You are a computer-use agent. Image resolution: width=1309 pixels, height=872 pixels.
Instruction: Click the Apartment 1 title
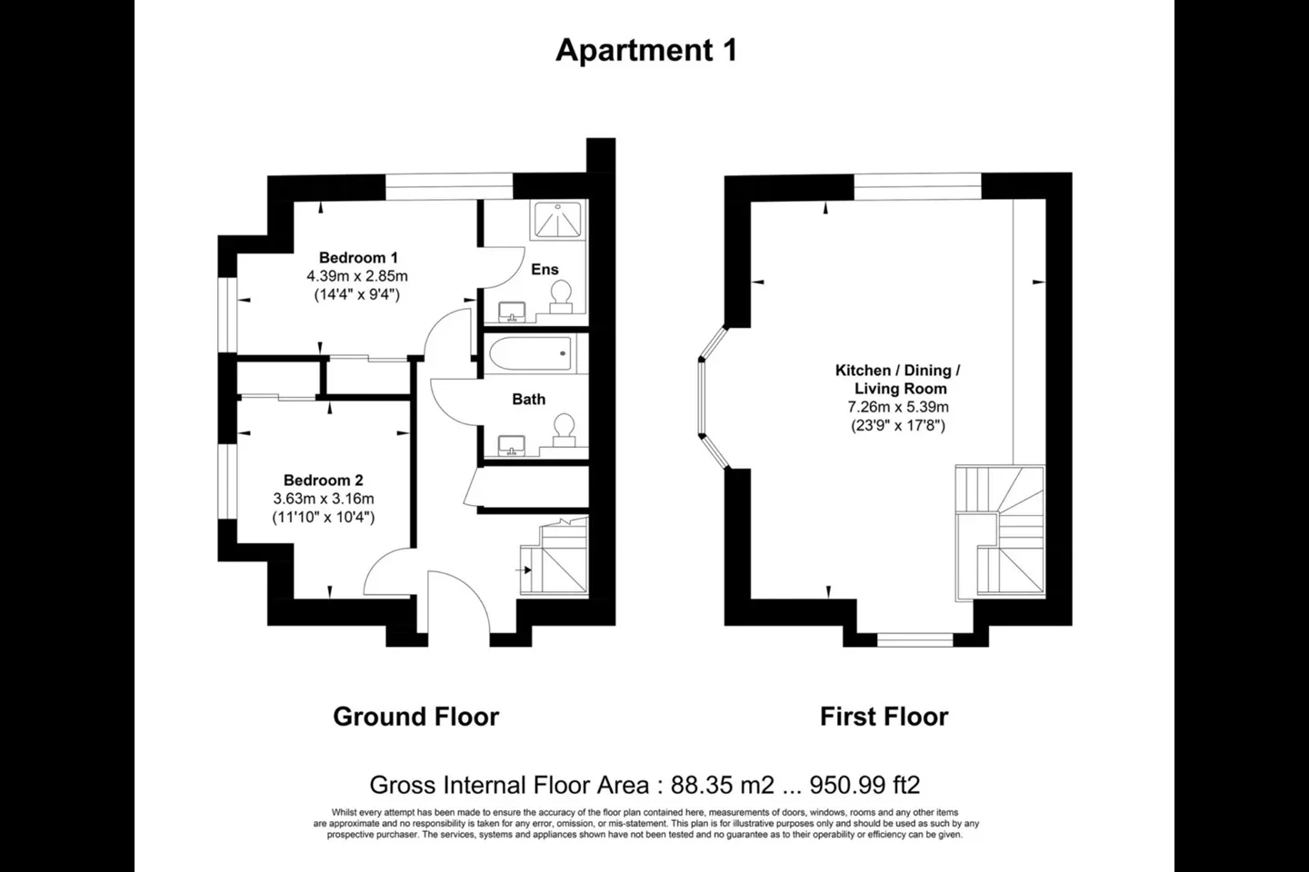coord(646,50)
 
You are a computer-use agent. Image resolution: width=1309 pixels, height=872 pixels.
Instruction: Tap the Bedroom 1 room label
coord(358,258)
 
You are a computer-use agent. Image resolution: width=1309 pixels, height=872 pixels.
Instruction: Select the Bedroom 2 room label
coord(324,481)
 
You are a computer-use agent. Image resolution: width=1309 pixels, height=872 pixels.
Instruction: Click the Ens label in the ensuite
coord(545,269)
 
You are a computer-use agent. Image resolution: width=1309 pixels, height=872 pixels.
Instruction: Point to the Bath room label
coord(529,400)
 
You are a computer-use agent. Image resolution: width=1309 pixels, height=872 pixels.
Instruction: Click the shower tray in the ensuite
coord(558,220)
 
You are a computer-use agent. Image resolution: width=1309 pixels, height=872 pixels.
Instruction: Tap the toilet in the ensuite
coord(561,297)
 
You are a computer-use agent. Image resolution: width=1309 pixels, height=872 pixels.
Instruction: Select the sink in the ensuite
coord(512,312)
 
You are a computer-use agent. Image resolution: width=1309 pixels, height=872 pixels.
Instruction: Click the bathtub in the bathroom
coord(530,353)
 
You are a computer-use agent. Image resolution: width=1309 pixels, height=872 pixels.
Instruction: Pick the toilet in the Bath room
coord(564,431)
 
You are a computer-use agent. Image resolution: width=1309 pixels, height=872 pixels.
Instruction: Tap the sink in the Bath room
coord(512,446)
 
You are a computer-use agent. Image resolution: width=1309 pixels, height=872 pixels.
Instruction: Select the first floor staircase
coord(1000,532)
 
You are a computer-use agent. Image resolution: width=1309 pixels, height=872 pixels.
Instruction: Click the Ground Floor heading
coord(416,717)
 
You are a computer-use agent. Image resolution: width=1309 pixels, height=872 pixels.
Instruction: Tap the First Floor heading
coord(884,717)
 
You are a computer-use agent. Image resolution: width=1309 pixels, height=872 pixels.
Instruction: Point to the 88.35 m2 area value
coord(723,785)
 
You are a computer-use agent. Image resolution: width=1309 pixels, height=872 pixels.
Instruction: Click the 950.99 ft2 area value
coord(864,785)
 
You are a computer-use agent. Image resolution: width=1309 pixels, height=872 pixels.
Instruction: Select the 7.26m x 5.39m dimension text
coord(898,407)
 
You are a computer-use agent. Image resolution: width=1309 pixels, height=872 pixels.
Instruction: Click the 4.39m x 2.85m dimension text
coord(357,276)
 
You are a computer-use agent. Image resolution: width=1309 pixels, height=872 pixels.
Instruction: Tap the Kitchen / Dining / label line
coord(898,371)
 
